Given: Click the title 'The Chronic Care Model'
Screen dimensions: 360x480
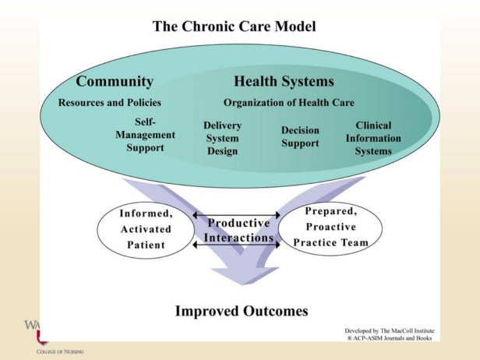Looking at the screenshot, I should click(233, 26).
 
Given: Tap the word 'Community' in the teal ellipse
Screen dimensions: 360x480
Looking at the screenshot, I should click(115, 82).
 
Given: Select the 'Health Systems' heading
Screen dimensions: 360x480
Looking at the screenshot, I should click(284, 82).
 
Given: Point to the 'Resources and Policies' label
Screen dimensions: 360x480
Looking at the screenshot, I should click(110, 102).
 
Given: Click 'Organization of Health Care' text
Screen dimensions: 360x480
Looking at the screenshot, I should click(288, 102).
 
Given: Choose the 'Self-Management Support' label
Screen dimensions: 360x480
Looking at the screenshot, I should click(146, 135).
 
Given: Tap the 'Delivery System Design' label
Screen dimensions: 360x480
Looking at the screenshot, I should click(222, 138).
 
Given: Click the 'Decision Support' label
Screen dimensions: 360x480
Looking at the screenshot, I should click(300, 137).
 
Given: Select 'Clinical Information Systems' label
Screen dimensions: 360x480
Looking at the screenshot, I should click(373, 138).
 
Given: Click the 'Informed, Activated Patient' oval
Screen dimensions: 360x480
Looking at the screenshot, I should click(143, 229).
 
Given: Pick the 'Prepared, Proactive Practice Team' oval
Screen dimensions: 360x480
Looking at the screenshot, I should click(331, 227).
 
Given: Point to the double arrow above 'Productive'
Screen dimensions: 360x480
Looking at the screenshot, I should click(236, 215).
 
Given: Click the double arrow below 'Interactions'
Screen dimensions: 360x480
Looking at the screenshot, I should click(236, 245).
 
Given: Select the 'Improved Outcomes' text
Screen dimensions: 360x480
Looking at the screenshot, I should click(241, 311).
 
